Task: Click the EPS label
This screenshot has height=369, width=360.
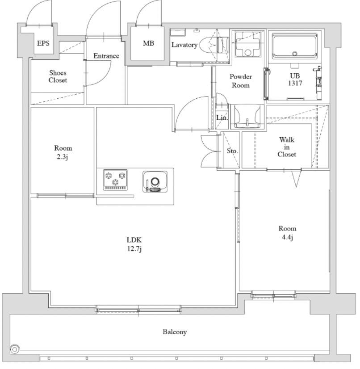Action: click(43, 43)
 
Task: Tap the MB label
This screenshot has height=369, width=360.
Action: click(148, 43)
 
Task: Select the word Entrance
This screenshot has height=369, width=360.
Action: click(106, 56)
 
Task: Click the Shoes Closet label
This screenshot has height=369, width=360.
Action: click(58, 76)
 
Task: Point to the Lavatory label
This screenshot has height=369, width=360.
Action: click(184, 45)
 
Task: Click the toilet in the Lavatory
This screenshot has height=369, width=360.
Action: click(214, 45)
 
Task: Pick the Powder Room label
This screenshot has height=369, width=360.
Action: click(241, 81)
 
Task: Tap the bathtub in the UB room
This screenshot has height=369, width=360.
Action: click(295, 46)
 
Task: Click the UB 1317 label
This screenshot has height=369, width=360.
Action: click(295, 80)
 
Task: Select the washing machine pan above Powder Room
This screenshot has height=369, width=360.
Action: click(248, 44)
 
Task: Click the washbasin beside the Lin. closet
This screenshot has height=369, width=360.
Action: click(247, 117)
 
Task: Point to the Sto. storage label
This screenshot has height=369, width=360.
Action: click(232, 151)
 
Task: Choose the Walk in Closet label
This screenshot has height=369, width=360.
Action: click(287, 147)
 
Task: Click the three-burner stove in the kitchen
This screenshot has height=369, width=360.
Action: click(115, 180)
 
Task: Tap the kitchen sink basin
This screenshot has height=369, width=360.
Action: click(155, 182)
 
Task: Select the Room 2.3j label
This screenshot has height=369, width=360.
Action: click(63, 152)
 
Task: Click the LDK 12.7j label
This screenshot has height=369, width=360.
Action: click(134, 244)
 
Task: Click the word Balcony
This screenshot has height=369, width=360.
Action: click(175, 332)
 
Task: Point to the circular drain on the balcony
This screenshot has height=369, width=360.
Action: click(15, 349)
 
